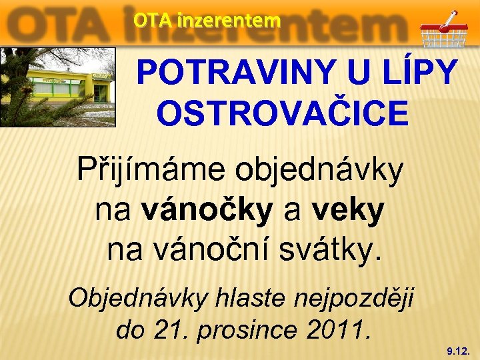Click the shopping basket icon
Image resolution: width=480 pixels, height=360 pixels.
[x=444, y=30]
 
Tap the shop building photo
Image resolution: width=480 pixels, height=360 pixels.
[x=58, y=87]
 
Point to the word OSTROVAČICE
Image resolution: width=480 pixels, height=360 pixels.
[x=282, y=112]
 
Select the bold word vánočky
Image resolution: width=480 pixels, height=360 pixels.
[x=207, y=211]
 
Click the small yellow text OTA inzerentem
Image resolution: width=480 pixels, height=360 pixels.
[x=207, y=21]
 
